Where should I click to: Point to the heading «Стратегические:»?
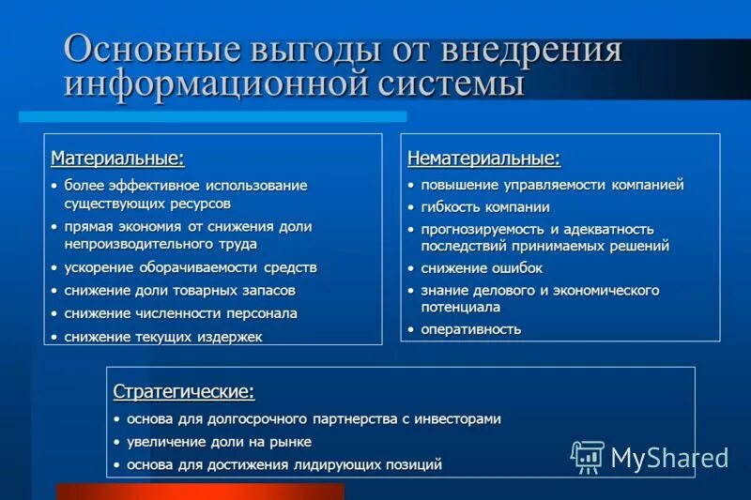pos(184,390)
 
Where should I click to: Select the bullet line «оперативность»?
pos(470,329)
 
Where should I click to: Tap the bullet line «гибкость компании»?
pos(484,207)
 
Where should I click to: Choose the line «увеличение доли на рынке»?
pos(219,442)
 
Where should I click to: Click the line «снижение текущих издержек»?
pos(162,336)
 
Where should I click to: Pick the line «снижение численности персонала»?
pos(180,313)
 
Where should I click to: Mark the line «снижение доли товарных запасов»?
pos(179,291)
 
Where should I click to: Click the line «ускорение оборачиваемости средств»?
pos(190,267)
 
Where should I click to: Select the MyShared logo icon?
pos(587,457)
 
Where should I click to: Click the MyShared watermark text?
pos(669,458)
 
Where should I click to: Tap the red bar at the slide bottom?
pos(200,492)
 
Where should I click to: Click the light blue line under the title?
pos(213,116)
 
